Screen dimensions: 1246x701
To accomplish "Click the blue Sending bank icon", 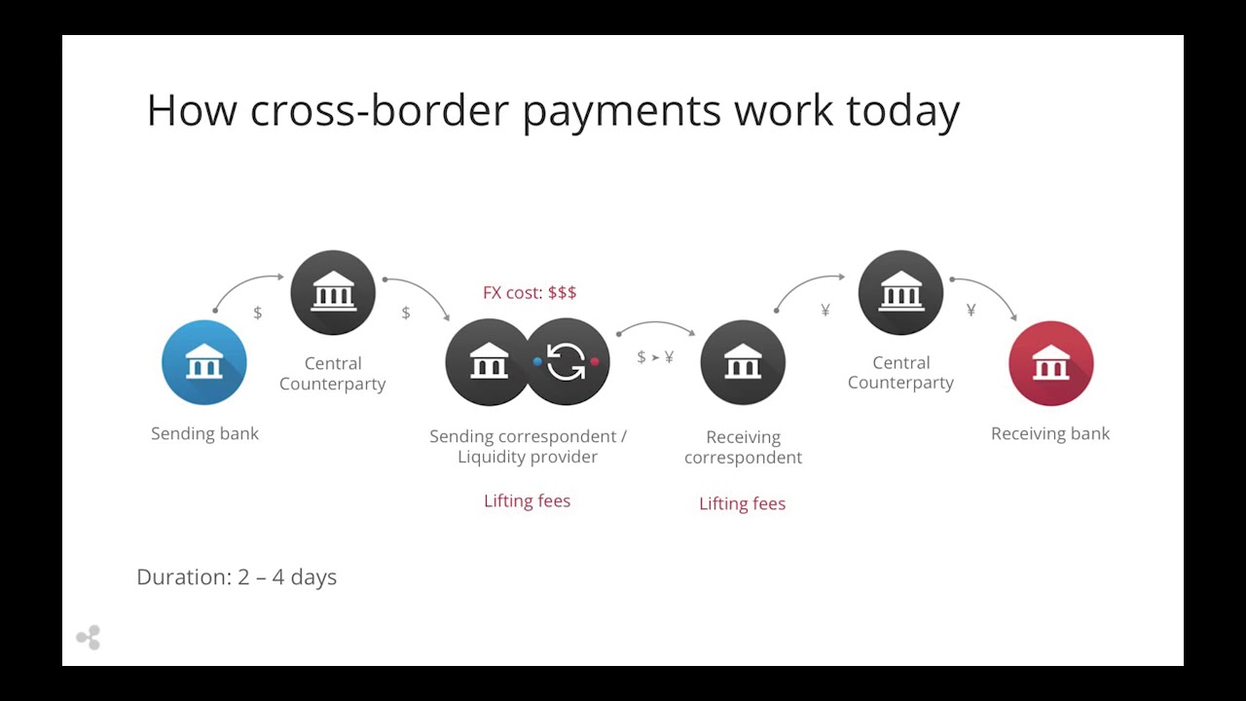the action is (x=204, y=362).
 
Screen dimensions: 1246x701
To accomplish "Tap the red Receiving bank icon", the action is (x=1050, y=363).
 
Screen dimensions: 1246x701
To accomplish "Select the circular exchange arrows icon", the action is (x=567, y=361).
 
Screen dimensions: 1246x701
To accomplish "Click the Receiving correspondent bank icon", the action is (x=743, y=362).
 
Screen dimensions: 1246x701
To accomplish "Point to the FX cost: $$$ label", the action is (x=530, y=293).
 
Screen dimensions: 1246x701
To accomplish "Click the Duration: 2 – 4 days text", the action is (x=237, y=577).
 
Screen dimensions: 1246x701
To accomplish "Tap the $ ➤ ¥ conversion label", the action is (x=655, y=356).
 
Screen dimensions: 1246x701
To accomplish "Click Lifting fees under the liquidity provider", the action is (x=527, y=500).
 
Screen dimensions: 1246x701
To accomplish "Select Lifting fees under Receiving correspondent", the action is (x=742, y=503).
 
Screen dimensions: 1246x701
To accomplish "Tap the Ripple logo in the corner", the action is (x=89, y=638).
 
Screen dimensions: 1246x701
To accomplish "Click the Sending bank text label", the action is (x=204, y=433).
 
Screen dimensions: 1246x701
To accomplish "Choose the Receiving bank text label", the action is (x=1050, y=433).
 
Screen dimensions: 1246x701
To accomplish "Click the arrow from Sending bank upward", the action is (x=242, y=282).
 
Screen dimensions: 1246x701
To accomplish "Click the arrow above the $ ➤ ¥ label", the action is (x=656, y=322).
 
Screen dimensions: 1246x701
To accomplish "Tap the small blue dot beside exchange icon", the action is (x=537, y=361).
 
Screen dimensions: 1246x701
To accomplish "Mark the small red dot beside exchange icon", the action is (x=595, y=361).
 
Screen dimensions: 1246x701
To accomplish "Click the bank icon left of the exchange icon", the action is (x=489, y=361).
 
